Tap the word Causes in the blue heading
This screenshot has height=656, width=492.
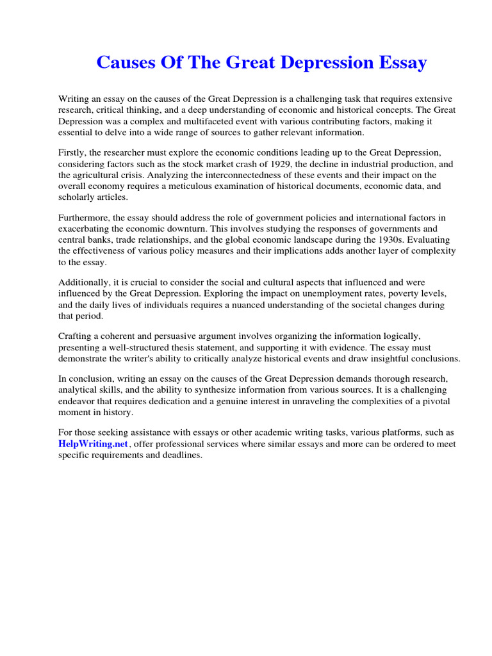point(126,63)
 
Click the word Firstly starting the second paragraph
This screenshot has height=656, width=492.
point(73,152)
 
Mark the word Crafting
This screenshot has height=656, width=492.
point(76,336)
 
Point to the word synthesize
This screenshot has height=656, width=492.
point(224,390)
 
